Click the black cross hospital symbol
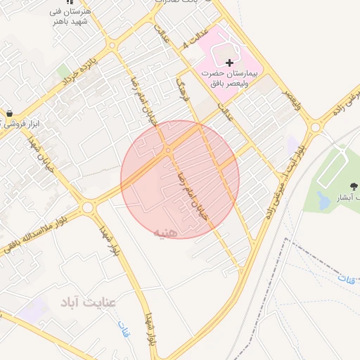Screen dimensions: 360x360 click(229, 63)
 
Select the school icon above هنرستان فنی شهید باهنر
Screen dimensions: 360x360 click(68, 2)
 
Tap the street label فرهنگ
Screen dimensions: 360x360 click(184, 91)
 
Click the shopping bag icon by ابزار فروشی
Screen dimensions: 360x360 click(9, 112)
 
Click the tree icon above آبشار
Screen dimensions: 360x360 click(351, 186)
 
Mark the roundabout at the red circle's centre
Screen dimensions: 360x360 click(168, 150)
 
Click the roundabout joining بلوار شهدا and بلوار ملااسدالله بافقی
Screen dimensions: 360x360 click(87, 207)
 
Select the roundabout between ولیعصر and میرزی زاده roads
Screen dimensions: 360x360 click(316, 127)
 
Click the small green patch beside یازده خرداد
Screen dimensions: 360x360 click(64, 72)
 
